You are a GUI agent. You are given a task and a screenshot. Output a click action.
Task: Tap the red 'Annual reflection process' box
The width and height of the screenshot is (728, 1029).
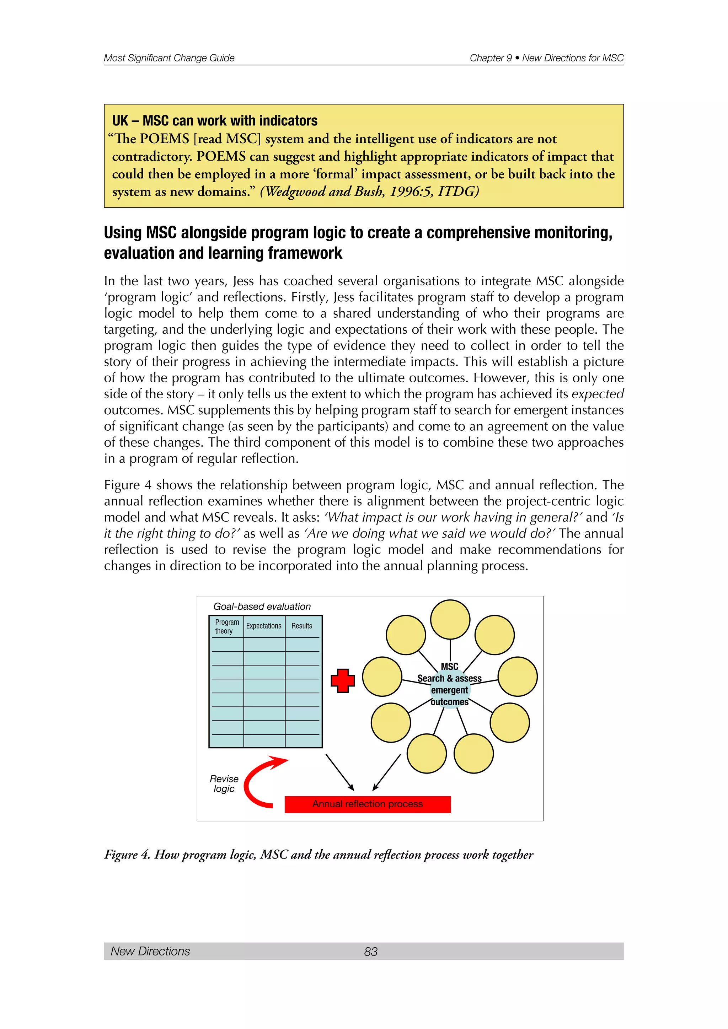(368, 804)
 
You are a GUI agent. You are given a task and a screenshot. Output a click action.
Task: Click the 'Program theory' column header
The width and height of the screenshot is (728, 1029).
(226, 626)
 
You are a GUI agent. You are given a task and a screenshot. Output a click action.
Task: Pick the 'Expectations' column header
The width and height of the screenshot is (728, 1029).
(264, 626)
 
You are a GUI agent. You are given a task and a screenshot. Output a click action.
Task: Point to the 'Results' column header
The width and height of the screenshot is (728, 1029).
(302, 626)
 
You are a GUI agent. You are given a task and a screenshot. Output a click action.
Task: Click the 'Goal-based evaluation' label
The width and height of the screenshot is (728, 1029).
(262, 607)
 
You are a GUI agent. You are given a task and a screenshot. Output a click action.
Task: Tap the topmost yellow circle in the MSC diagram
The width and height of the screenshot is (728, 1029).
(450, 619)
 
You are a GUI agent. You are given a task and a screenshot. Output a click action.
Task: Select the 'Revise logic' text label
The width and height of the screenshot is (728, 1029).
(224, 784)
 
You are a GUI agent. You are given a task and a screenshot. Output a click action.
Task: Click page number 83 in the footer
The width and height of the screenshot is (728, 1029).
(371, 952)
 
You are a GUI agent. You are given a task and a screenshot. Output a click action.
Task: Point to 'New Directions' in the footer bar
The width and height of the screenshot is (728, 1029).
(150, 951)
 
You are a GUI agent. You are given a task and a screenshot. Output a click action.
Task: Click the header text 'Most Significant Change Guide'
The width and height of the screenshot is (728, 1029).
(169, 58)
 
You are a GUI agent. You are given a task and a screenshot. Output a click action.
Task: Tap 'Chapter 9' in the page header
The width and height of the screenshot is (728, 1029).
(491, 58)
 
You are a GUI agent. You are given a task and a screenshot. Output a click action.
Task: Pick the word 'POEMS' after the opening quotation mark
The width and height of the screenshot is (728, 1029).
(165, 139)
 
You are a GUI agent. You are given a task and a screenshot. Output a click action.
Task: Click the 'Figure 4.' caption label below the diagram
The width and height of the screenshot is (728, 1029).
(127, 855)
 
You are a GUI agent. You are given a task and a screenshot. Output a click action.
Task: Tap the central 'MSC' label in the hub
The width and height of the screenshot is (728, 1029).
(450, 667)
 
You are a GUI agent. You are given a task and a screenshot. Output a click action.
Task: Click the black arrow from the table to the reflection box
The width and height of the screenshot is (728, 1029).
(339, 772)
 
